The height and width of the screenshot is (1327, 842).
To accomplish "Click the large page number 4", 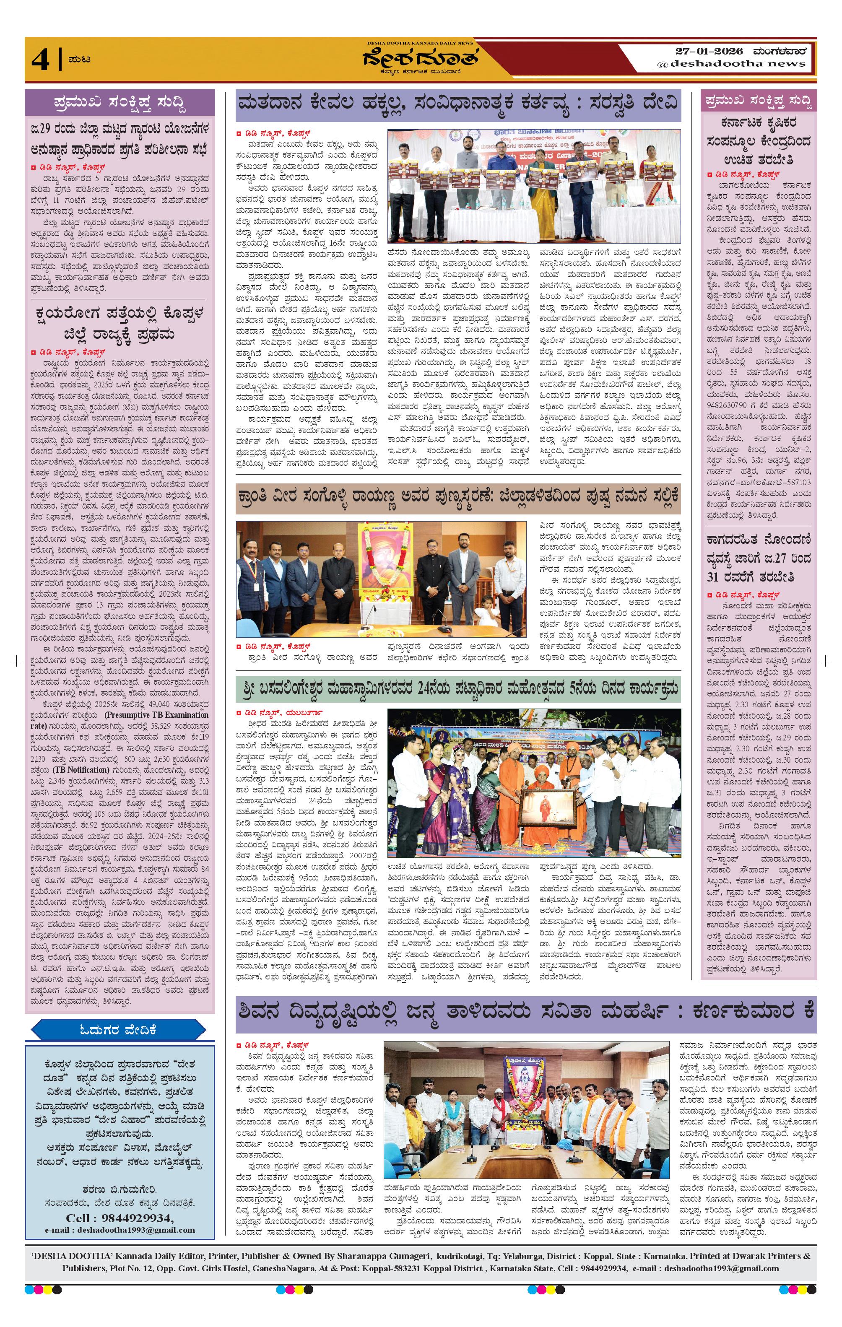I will tap(40, 60).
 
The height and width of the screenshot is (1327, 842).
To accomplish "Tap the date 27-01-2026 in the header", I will tap(708, 52).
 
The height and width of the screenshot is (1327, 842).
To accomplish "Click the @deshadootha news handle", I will tap(731, 64).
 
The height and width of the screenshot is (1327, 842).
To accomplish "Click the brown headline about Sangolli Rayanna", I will tap(458, 495).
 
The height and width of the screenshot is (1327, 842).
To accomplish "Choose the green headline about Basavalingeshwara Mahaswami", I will tap(458, 689).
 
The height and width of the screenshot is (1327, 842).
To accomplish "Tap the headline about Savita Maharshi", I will tap(526, 1011).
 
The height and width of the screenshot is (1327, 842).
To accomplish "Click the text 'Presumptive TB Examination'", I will tap(164, 715).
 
